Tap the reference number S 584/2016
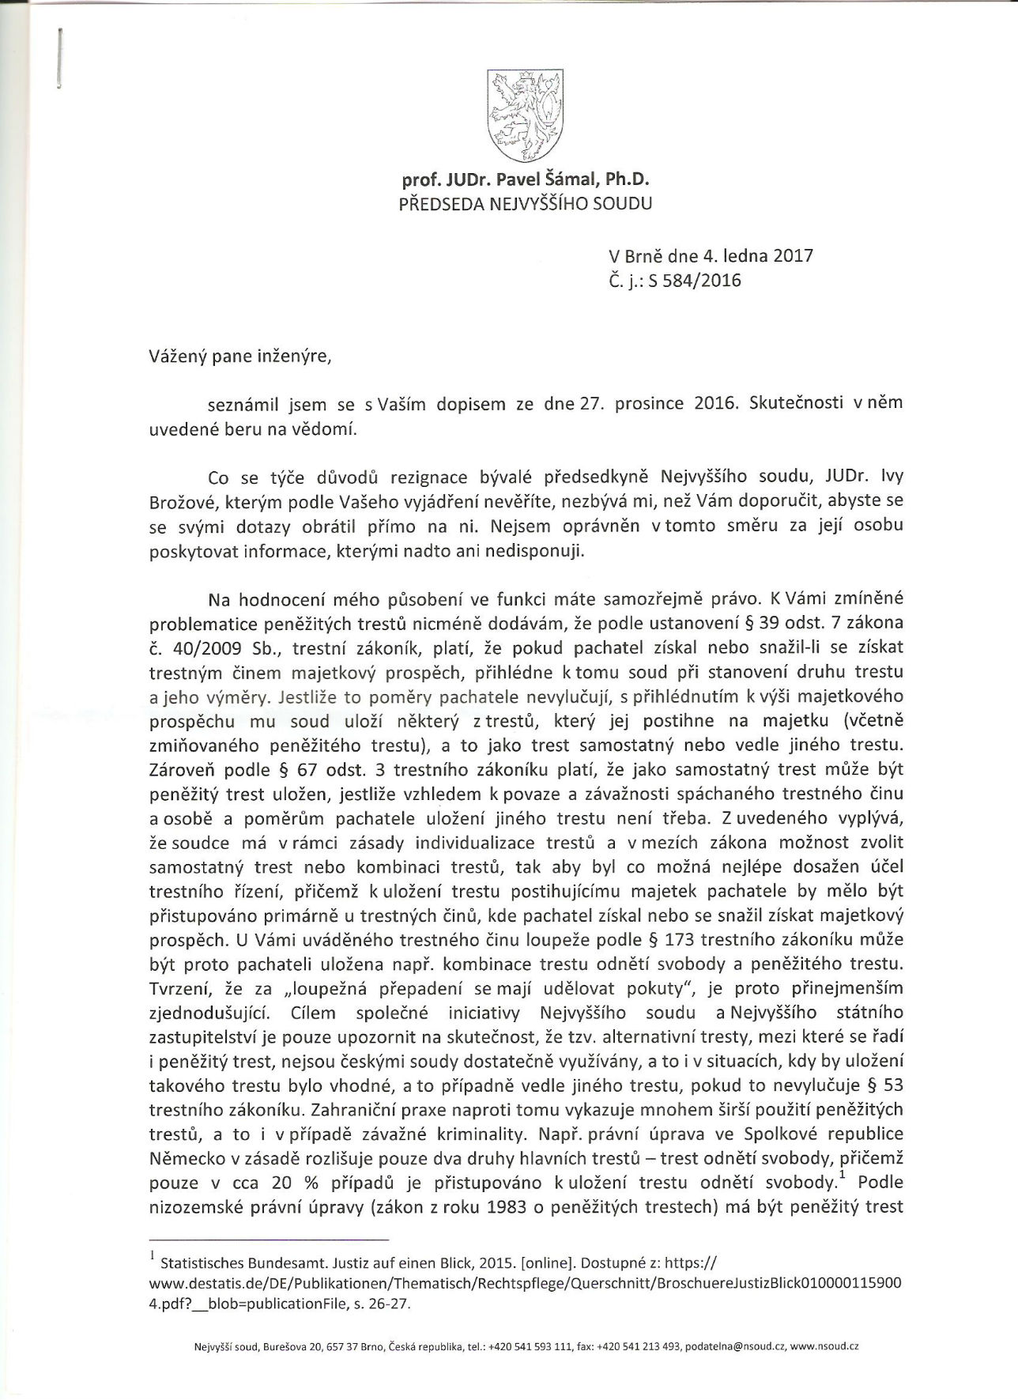point(695,280)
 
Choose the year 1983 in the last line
point(499,1208)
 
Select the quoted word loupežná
point(331,989)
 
